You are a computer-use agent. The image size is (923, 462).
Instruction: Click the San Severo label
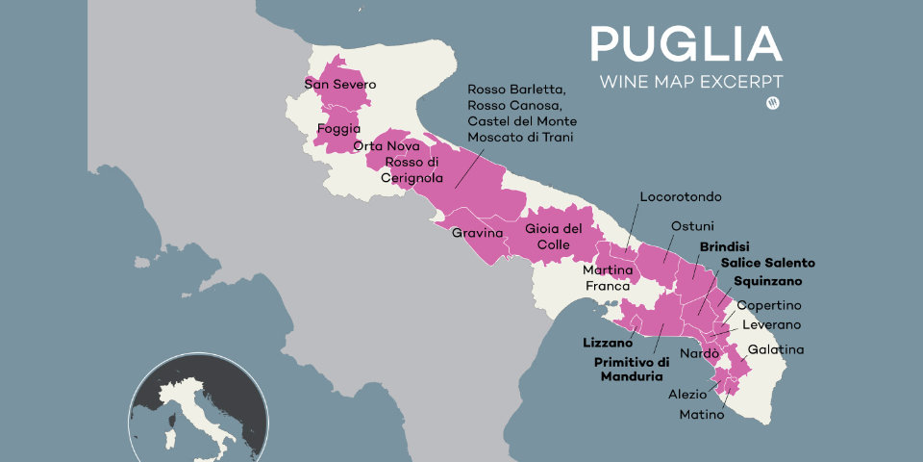point(340,85)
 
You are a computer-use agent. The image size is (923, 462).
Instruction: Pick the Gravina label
point(478,233)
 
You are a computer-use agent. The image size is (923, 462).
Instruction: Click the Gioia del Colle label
point(554,237)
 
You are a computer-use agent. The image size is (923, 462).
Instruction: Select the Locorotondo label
point(681,196)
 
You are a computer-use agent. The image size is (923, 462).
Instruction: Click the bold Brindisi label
point(725,246)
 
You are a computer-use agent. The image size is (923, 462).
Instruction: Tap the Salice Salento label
point(767,263)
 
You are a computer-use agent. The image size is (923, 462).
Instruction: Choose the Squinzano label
point(766,281)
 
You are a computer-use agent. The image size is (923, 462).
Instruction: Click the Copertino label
point(768,305)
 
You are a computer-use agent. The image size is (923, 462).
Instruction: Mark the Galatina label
point(775,349)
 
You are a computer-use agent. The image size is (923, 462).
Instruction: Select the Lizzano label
point(608,342)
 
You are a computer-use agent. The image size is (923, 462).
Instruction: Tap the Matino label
point(701,414)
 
